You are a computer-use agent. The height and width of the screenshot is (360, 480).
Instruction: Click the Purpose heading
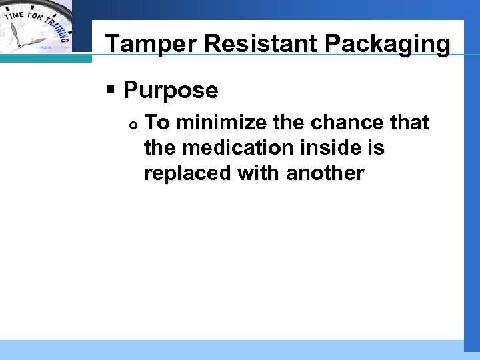point(171,90)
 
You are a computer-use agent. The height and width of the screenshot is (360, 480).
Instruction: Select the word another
point(325,173)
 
